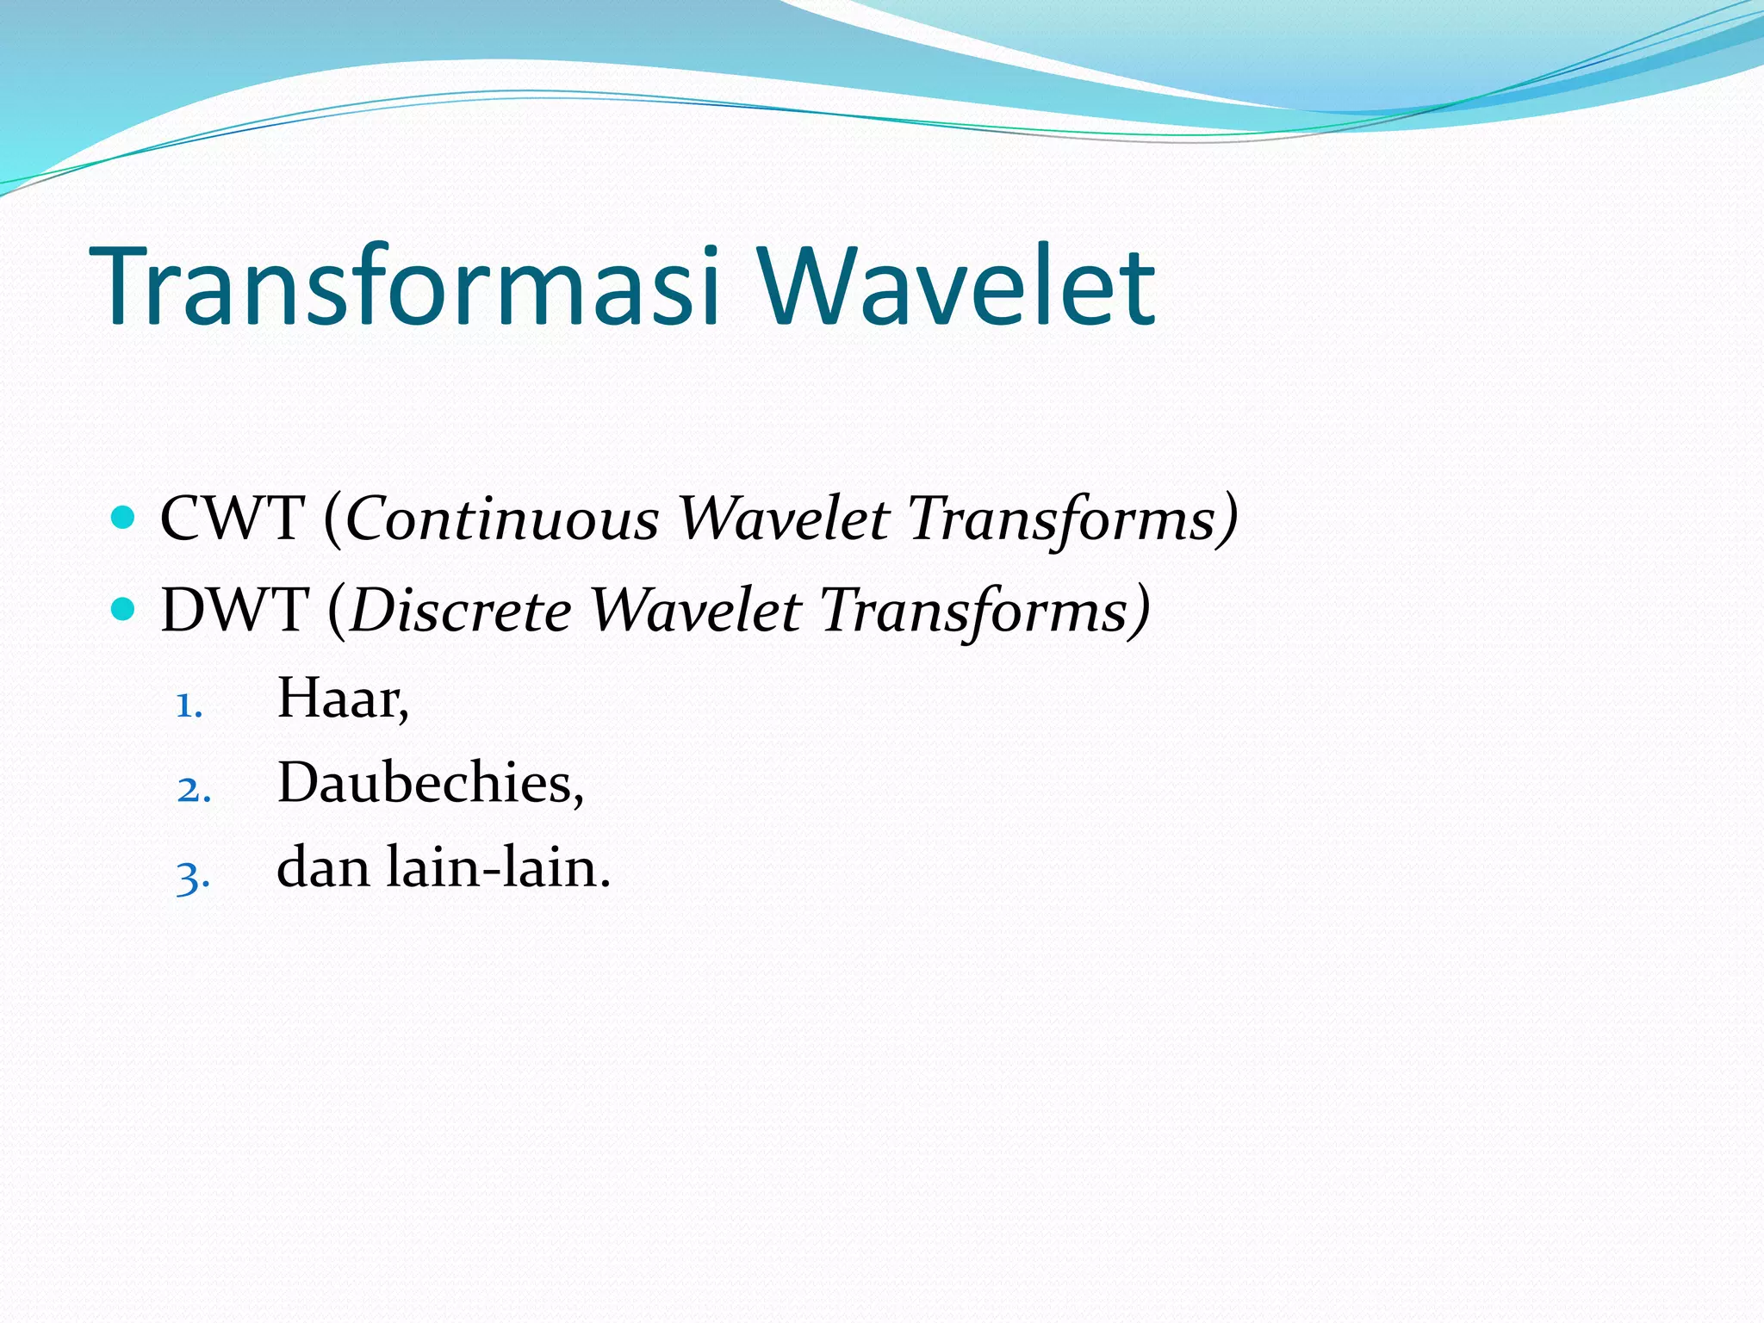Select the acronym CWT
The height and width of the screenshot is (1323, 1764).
point(232,519)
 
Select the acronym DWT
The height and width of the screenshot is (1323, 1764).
point(233,610)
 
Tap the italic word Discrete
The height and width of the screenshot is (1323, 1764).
point(461,610)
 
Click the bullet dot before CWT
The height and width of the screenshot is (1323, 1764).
point(124,518)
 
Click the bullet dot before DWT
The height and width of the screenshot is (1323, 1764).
point(124,609)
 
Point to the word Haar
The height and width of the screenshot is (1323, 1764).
point(341,698)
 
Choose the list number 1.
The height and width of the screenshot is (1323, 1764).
point(188,705)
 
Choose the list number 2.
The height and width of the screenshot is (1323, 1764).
point(193,790)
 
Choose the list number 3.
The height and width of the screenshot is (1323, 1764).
point(192,877)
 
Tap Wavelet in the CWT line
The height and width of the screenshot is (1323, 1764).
point(783,519)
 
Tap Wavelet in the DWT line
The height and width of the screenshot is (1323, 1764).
point(696,610)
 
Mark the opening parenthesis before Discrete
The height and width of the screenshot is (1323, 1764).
point(337,612)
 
